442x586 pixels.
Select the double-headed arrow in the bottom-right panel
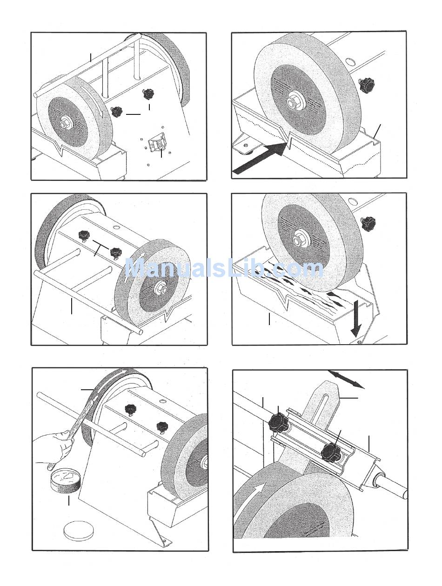pos(346,379)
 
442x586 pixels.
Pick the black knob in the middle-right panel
pos(369,223)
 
